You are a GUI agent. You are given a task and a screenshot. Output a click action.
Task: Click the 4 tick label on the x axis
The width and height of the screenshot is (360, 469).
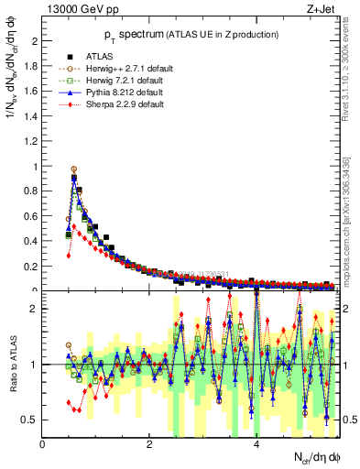(256, 444)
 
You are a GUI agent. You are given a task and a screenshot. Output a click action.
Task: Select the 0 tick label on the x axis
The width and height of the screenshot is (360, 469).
(42, 444)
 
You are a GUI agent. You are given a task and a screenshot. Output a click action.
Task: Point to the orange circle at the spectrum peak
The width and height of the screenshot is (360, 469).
(74, 169)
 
